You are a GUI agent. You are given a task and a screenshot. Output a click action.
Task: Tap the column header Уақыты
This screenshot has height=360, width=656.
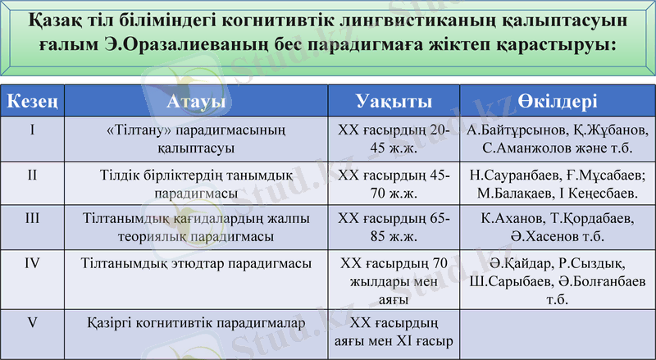(394, 102)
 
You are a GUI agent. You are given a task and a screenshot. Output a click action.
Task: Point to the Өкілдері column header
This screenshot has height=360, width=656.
(557, 102)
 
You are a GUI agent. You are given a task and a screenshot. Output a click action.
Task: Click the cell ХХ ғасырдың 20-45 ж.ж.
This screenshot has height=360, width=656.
(394, 139)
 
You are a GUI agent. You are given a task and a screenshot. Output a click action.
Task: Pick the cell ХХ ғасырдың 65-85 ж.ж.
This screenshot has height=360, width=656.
(394, 227)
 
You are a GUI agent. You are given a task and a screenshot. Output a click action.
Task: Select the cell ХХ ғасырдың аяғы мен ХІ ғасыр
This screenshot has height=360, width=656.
(394, 331)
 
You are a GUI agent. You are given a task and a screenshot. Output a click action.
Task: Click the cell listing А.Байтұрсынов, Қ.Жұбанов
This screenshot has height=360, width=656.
(557, 139)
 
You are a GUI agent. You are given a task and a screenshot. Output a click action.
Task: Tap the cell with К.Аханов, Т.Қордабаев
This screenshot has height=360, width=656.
(557, 227)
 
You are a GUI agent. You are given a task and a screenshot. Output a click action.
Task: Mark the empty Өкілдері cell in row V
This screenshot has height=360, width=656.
(557, 331)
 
